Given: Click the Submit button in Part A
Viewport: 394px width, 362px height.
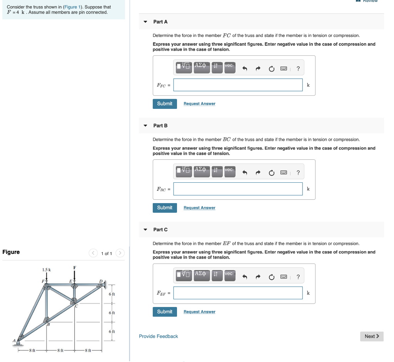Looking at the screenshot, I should [165, 104].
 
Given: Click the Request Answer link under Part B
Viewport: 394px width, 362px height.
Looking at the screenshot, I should [199, 208].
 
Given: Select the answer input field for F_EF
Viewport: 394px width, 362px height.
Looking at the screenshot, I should [238, 293].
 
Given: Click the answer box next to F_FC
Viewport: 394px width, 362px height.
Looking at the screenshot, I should [238, 85].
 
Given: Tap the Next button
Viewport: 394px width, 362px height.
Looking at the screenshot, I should [372, 336].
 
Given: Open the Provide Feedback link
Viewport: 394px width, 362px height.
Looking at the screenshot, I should [159, 337].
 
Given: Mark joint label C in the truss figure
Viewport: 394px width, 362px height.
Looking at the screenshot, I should [77, 306].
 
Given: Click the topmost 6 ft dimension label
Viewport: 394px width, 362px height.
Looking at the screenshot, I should [112, 294].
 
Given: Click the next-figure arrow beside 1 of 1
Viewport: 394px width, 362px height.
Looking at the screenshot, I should [120, 253].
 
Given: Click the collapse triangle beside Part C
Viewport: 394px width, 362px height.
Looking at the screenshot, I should [145, 230].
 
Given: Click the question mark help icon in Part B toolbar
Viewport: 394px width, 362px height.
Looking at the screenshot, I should [298, 173].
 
